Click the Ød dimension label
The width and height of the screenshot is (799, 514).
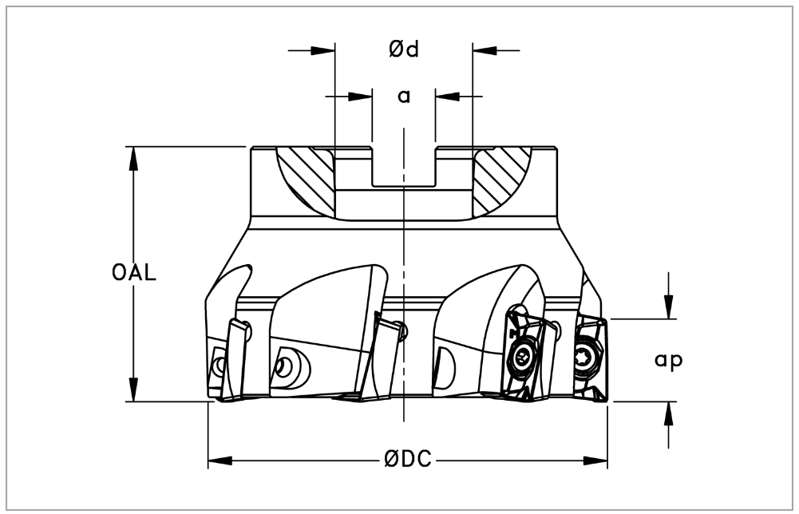click(404, 49)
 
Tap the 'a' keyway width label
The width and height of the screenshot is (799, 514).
click(404, 97)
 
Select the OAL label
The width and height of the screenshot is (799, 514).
click(134, 274)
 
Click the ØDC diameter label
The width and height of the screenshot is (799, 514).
click(408, 460)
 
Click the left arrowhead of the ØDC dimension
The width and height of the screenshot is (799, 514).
click(220, 461)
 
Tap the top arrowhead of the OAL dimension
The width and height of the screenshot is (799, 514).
click(133, 158)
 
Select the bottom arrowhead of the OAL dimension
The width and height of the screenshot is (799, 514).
click(133, 389)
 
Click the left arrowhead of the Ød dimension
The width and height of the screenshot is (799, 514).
click(323, 50)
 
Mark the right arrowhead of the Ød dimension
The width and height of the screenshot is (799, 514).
click(485, 50)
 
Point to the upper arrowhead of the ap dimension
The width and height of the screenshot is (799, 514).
click(669, 307)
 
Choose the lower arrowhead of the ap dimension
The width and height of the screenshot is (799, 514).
click(669, 413)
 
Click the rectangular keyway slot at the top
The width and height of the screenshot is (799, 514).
click(404, 167)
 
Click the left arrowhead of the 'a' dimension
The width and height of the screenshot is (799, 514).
click(360, 96)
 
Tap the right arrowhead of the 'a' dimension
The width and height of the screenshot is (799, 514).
click(448, 96)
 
